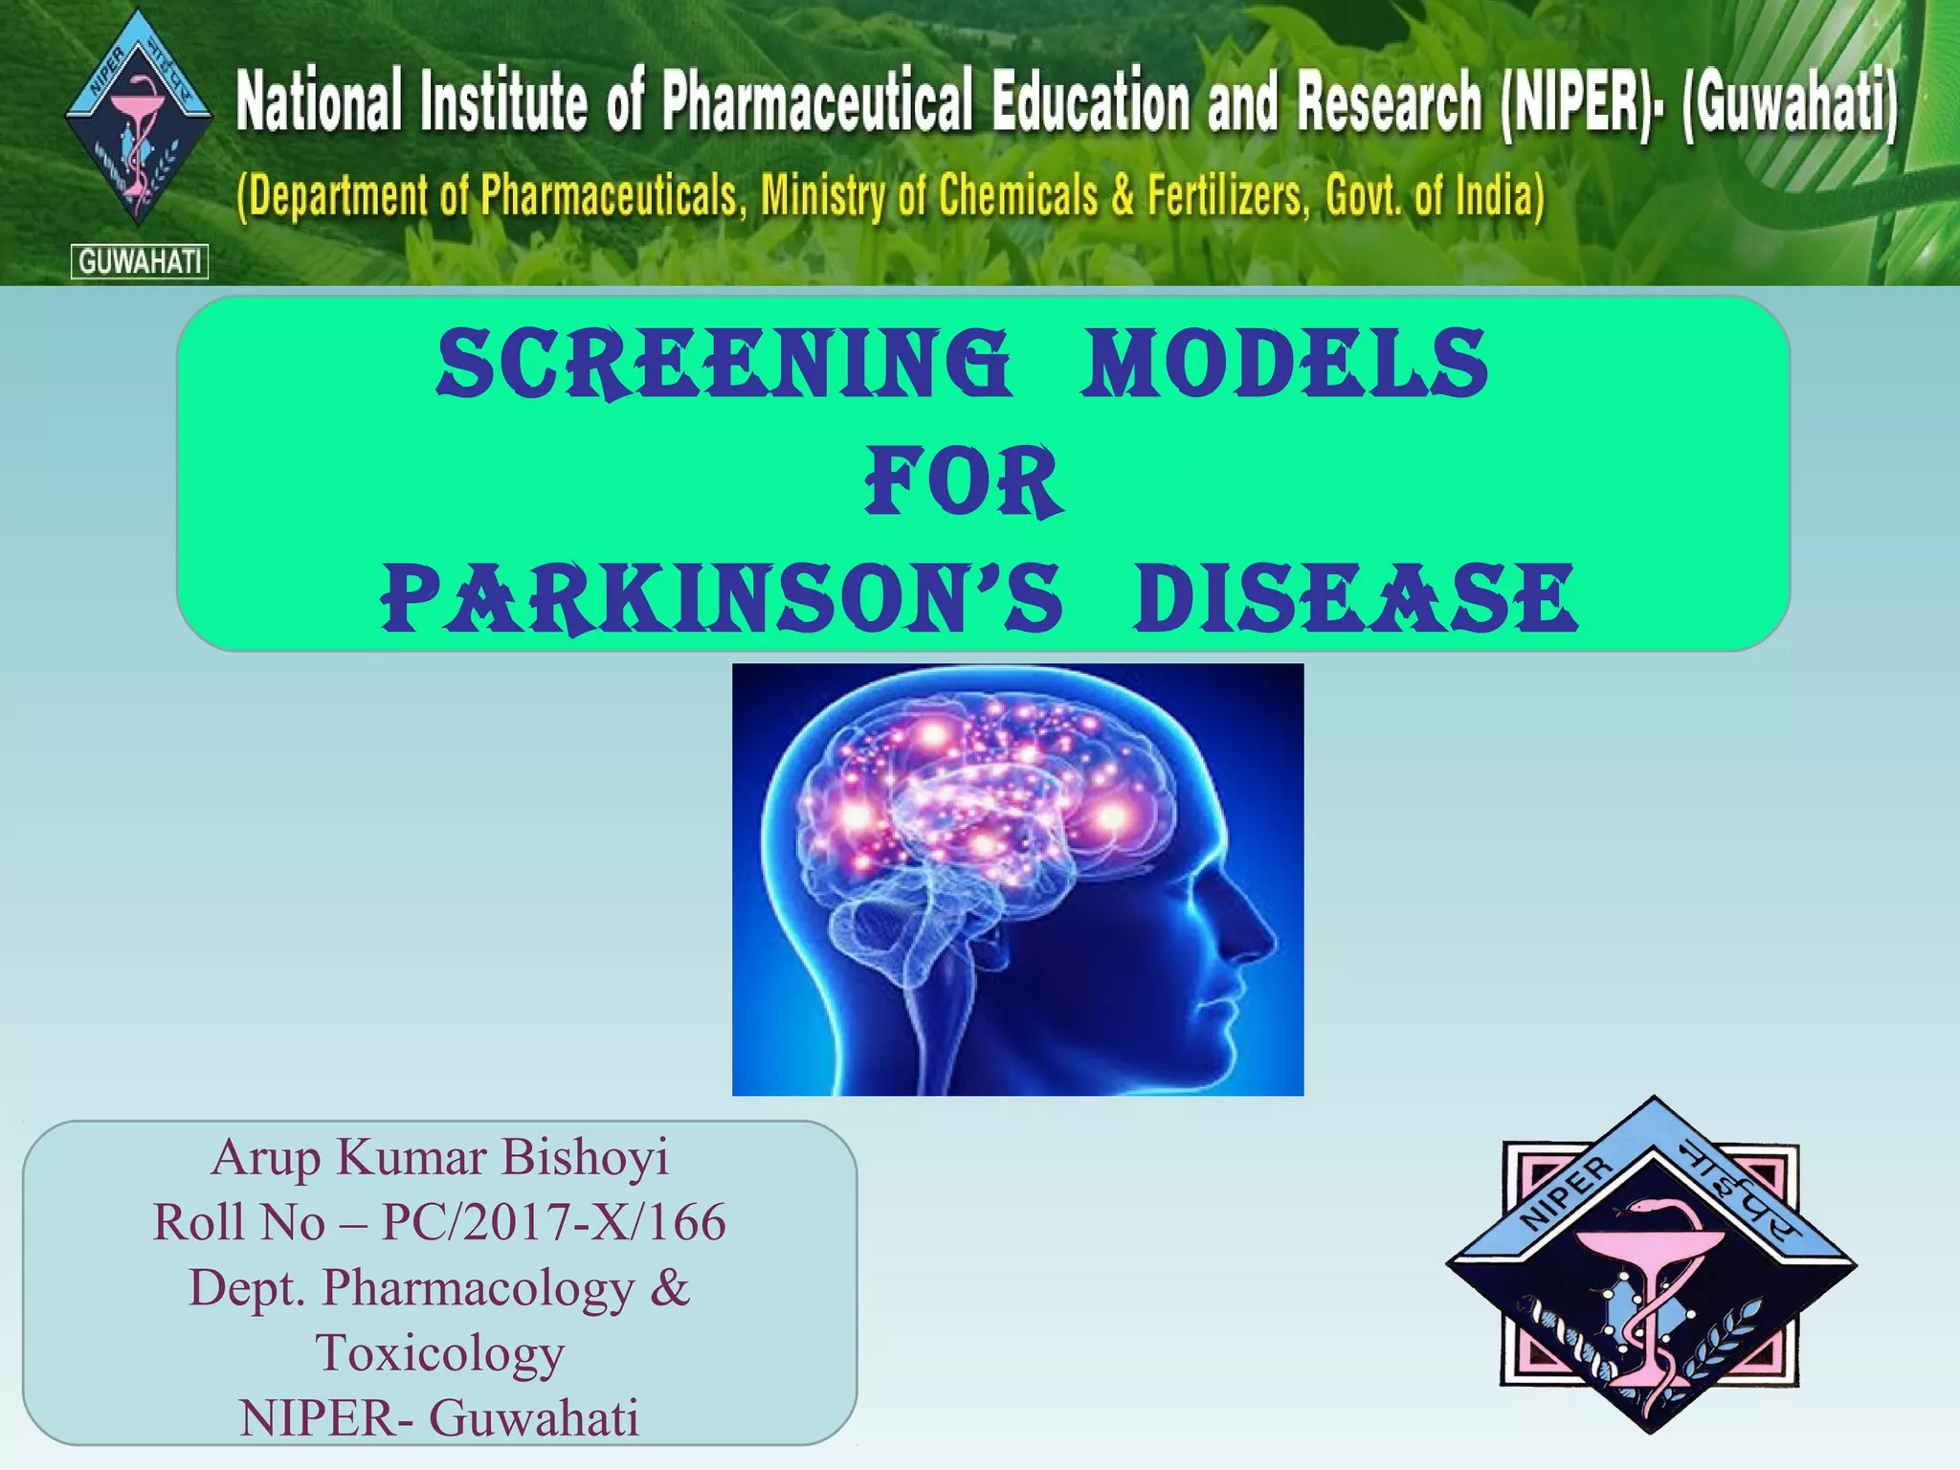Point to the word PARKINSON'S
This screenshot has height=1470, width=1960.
[723, 599]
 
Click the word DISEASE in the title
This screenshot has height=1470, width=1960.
[1354, 599]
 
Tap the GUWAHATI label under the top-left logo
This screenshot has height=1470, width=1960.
[140, 261]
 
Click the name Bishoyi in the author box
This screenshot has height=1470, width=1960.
[585, 1157]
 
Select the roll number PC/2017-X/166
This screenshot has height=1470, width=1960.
[553, 1222]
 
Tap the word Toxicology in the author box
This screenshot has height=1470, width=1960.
[440, 1353]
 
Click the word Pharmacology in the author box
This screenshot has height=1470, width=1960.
[477, 1287]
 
